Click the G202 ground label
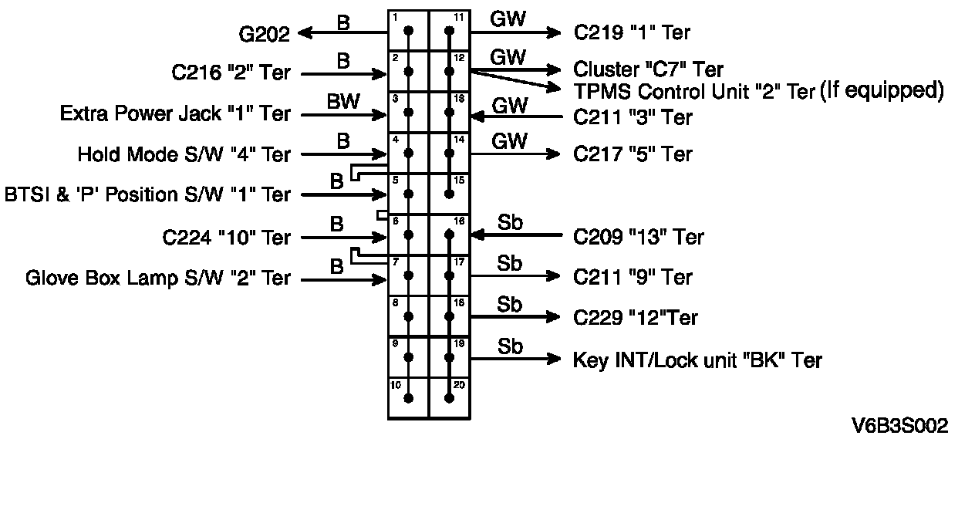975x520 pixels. pos(264,33)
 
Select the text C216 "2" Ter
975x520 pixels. pos(231,73)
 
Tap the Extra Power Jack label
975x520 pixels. pos(175,114)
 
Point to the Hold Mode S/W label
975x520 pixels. pos(184,154)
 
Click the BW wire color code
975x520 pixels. pos(342,100)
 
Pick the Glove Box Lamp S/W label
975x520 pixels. pos(158,277)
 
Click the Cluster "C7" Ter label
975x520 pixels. pos(648,70)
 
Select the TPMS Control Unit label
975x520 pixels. pos(694,91)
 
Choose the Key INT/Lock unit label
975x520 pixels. pos(697,360)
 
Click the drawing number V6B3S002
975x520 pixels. pos(899,425)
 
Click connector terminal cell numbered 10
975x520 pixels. pos(408,397)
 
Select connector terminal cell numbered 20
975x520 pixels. pos(449,397)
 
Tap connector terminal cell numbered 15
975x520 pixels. pos(449,194)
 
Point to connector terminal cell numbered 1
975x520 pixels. pos(408,32)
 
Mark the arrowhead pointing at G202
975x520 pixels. pos(305,32)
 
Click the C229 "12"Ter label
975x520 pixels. pos(636,318)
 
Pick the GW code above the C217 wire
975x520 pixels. pos(509,140)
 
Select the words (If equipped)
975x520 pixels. pos(882,90)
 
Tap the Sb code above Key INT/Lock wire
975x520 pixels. pos(510,346)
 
